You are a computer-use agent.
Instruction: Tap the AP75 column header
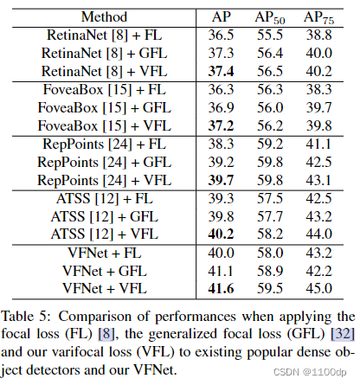click(x=320, y=16)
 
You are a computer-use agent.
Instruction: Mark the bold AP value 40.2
click(x=222, y=234)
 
